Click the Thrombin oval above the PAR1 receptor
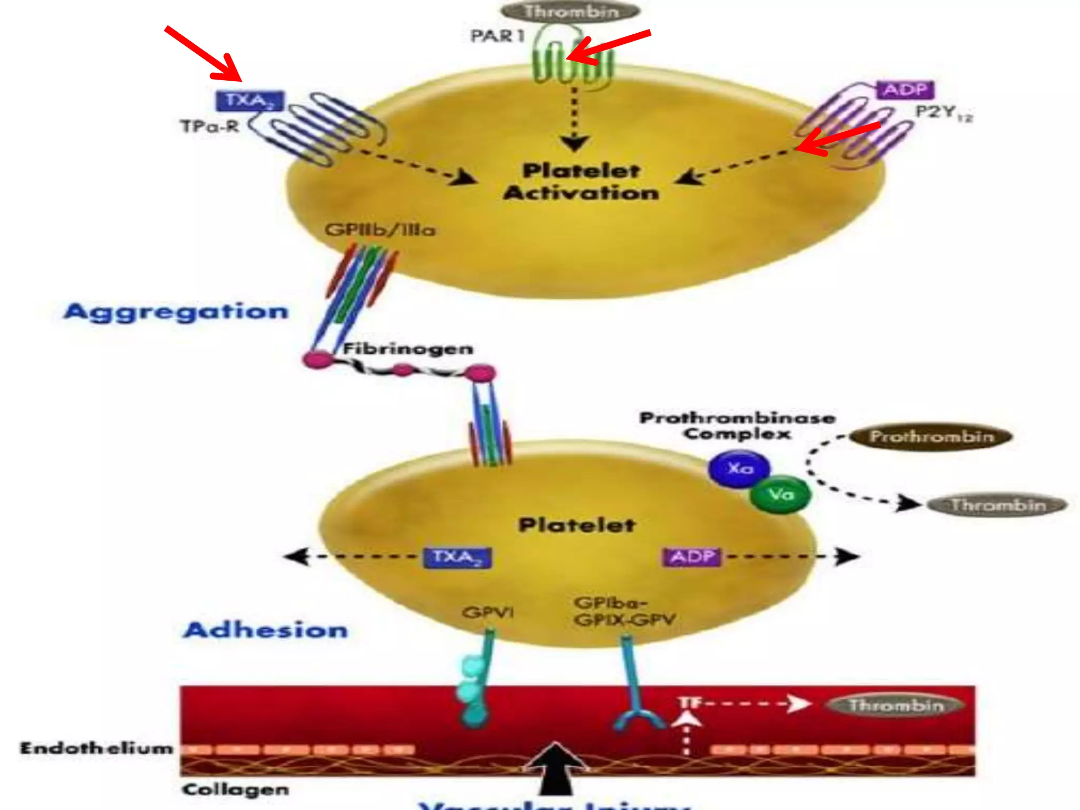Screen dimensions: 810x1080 (571, 11)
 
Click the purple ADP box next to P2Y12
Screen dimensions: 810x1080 (905, 90)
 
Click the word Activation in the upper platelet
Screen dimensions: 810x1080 (581, 193)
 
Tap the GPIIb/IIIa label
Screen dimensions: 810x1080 (380, 230)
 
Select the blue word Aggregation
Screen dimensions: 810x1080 (176, 312)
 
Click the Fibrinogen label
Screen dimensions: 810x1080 (408, 349)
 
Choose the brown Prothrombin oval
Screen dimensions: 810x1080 (931, 437)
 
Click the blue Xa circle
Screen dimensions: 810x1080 (739, 468)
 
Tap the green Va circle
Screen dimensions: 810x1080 (780, 495)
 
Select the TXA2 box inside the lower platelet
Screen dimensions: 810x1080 (457, 557)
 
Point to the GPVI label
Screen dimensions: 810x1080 (488, 612)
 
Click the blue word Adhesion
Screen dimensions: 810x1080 (266, 630)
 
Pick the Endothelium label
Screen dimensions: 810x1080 (97, 748)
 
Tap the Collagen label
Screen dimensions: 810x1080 (235, 789)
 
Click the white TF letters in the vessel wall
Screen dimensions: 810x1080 (689, 703)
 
